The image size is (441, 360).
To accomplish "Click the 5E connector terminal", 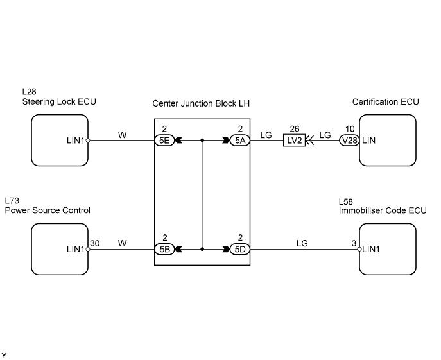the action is (x=164, y=140).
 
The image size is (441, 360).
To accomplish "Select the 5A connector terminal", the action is (x=240, y=140).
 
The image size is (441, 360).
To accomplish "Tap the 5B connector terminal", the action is (x=164, y=249).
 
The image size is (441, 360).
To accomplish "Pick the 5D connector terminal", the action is (x=240, y=249).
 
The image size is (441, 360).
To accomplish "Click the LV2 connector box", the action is (x=294, y=140).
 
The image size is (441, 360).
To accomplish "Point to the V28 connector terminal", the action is (x=350, y=140).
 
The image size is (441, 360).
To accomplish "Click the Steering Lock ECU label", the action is (x=59, y=101).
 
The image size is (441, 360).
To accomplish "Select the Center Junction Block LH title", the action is (x=201, y=103).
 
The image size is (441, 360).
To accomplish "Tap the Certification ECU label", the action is (x=385, y=101).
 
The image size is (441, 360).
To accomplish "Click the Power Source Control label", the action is (x=48, y=210).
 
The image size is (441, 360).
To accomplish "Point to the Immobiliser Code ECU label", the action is (x=383, y=210).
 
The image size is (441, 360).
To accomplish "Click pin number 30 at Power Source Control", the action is (x=95, y=243).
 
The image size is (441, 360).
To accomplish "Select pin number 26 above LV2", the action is (x=295, y=129).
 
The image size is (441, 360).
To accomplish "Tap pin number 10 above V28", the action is (x=350, y=129).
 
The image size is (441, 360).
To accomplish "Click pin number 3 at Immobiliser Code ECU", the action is (x=354, y=243).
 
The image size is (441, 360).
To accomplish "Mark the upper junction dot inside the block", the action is (x=202, y=140).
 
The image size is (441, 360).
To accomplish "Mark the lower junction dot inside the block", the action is (x=202, y=249).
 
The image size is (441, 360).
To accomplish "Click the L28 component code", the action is (x=30, y=91).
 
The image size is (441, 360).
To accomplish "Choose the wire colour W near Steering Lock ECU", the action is (x=123, y=135).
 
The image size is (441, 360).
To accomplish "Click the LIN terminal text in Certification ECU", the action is (x=368, y=140).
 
